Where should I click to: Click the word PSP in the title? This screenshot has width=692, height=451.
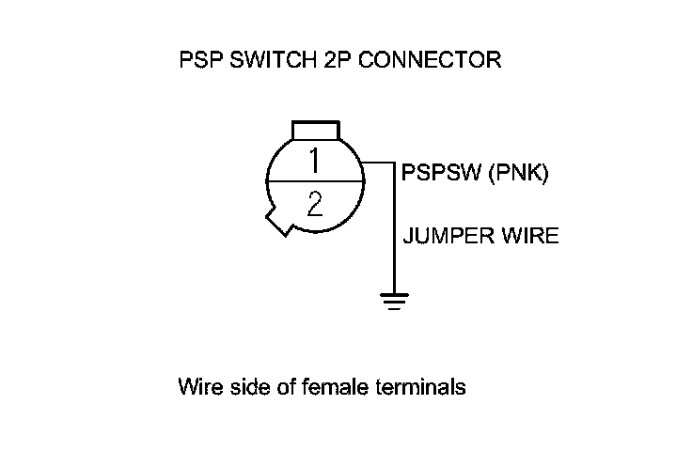(197, 61)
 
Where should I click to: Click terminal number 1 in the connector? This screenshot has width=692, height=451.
(314, 161)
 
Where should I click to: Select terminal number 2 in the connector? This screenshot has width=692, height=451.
(314, 204)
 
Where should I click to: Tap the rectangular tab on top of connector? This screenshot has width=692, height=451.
(315, 129)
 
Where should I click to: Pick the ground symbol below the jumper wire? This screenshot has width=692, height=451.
(393, 301)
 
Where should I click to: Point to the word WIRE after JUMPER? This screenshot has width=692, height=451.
(528, 235)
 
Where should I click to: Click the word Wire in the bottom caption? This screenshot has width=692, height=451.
(197, 387)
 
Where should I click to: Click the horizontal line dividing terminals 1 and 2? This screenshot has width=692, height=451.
(314, 181)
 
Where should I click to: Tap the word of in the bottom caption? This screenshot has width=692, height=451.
(272, 387)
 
